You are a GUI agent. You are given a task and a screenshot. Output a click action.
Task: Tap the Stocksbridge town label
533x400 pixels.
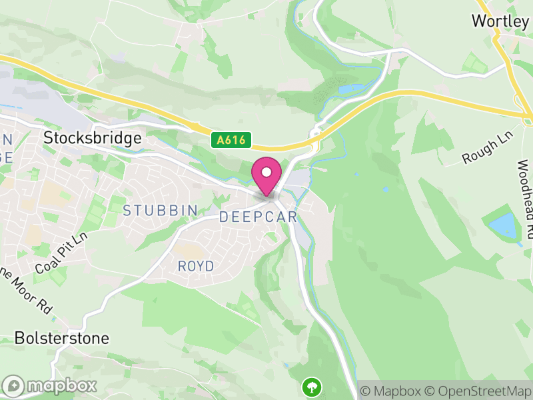pos(93,138)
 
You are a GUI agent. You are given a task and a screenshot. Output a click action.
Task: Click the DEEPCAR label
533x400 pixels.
pos(258,217)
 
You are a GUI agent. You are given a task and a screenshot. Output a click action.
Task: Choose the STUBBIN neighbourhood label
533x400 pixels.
pos(161,211)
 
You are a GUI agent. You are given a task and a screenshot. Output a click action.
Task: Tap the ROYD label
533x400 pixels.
pos(196,266)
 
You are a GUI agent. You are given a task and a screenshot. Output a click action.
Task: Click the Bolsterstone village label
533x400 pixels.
pos(61,338)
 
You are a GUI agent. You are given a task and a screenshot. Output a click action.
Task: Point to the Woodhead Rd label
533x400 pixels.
pos(524,200)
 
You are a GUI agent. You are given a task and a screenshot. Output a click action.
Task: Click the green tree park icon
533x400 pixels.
pos(311,385)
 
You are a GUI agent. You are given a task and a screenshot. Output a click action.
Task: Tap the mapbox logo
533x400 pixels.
pos(50,385)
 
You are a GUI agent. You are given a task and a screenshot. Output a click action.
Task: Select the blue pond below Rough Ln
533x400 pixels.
pos(504,227)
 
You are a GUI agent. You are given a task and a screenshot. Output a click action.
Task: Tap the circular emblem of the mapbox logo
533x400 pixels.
pos(14,385)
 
